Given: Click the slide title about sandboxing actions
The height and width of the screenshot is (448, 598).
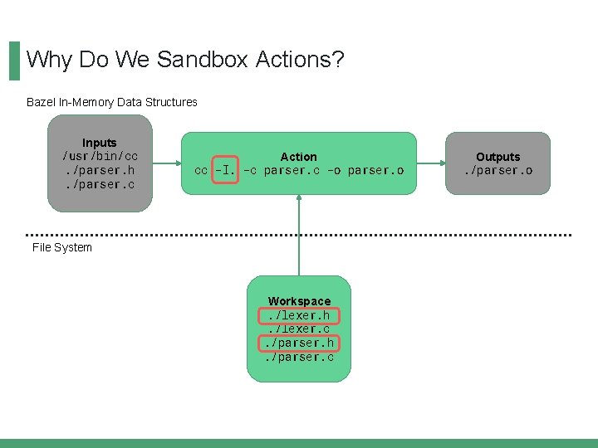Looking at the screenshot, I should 185,60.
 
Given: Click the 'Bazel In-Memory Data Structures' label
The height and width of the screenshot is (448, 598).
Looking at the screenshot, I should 112,102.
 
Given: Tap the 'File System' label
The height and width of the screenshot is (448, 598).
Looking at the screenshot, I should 62,247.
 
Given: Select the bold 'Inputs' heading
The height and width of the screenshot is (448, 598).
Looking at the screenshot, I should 100,143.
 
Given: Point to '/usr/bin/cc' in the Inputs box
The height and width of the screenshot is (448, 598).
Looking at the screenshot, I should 100,156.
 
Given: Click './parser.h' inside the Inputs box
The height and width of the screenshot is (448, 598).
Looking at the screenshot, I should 100,170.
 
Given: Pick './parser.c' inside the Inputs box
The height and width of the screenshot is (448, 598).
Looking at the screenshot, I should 100,184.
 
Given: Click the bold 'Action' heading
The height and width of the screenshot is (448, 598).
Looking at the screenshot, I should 298,156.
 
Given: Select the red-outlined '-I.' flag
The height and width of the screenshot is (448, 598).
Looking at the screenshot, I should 226,170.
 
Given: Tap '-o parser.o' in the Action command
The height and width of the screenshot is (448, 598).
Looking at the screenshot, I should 365,170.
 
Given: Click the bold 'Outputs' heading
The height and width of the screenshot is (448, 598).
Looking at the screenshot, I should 498,156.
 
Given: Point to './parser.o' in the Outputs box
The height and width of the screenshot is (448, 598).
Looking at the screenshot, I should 498,170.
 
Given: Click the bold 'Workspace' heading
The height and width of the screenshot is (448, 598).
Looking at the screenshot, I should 299,300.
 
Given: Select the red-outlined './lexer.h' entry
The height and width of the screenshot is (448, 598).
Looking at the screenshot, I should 299,315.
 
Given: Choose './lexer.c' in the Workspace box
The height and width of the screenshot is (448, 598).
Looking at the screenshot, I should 299,329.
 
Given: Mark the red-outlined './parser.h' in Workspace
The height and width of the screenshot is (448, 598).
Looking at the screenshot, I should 299,343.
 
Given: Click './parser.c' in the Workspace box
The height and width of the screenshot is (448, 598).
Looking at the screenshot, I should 299,357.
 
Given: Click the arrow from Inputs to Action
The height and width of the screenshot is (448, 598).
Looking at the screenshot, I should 167,163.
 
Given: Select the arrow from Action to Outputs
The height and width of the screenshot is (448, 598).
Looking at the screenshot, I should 430,163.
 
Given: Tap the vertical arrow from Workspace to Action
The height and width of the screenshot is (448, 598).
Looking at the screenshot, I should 299,236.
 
